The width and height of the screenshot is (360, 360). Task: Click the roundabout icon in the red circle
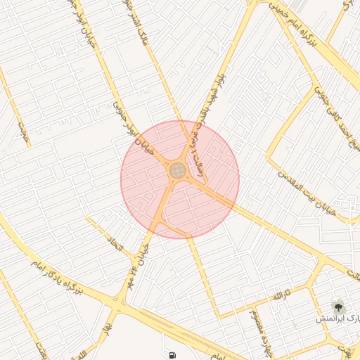point(177,170)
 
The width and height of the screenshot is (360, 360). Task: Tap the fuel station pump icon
point(172,354)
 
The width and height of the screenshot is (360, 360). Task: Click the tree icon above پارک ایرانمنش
point(340,306)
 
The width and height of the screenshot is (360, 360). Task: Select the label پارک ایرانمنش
point(337,319)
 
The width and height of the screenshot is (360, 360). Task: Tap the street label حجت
point(25,134)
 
